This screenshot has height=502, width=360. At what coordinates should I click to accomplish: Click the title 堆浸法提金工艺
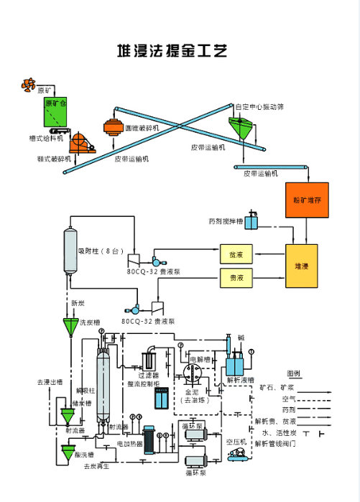(172, 51)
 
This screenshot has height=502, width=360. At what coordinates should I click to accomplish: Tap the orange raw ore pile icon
(27, 85)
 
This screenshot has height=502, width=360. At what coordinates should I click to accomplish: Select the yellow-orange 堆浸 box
(302, 266)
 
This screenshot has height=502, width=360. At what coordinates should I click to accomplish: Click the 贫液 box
(236, 255)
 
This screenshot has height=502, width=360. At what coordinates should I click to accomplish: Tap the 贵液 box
(236, 277)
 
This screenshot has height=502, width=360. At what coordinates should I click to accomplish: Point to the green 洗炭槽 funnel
(70, 327)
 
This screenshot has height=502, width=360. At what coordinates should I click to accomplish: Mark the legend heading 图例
(294, 373)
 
